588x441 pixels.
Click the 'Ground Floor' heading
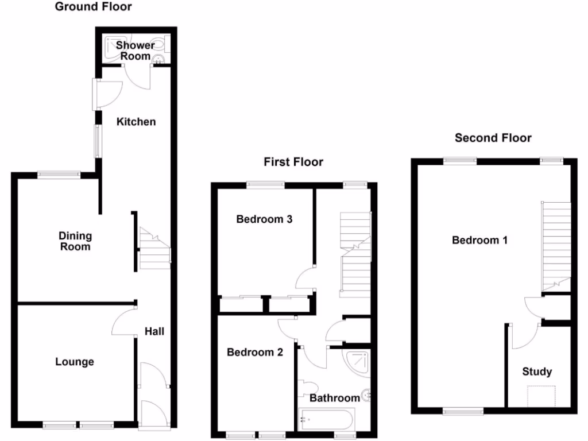(92, 7)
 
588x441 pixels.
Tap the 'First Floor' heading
(293, 162)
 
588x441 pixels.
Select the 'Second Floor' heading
(493, 138)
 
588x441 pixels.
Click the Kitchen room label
(136, 122)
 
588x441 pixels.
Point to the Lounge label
(75, 362)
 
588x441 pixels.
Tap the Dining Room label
(75, 241)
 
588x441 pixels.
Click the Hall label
(154, 331)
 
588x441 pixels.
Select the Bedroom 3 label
(265, 219)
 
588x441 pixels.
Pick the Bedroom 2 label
(254, 353)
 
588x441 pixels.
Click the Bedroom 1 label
(479, 241)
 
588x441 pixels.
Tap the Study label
(537, 372)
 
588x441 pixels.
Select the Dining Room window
(59, 174)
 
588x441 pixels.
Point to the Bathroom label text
(334, 398)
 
